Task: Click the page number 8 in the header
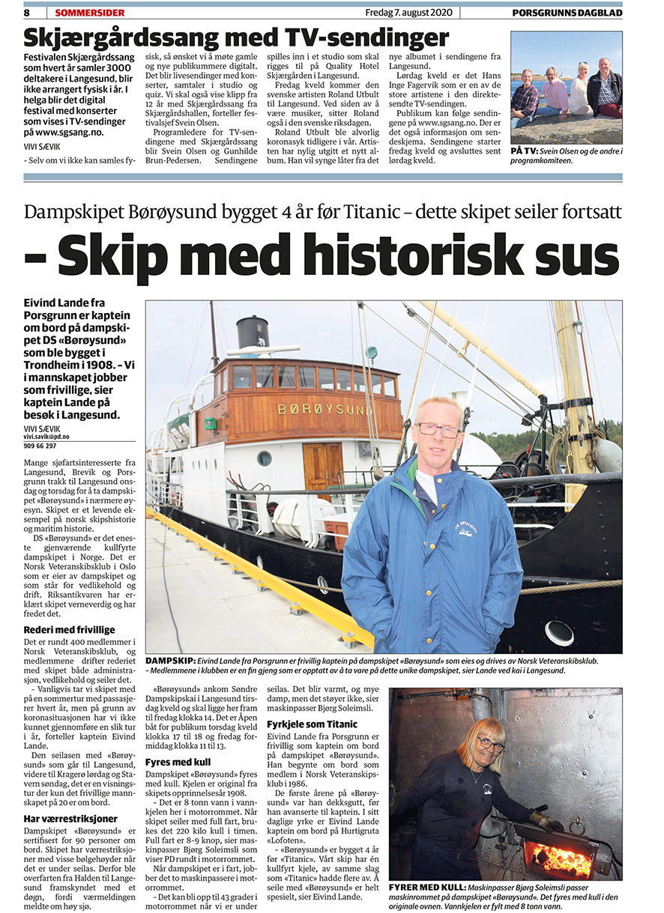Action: coord(27,13)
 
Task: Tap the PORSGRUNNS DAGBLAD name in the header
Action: coord(567,13)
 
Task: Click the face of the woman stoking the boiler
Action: coord(491,744)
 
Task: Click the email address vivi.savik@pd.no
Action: coord(46,436)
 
